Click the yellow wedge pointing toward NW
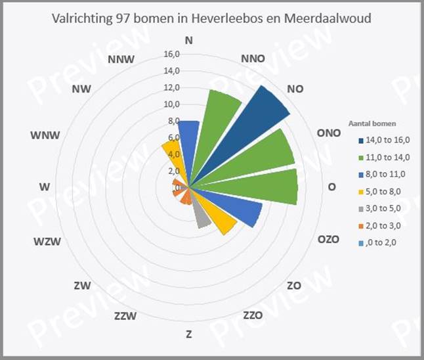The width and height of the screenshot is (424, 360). [172, 158]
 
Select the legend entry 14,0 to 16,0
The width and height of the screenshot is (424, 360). [385, 140]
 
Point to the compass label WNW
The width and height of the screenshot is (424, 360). [45, 135]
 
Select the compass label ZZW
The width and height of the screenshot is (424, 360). [125, 316]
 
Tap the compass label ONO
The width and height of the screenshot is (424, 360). [328, 133]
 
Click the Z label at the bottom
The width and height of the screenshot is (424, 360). [189, 334]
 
